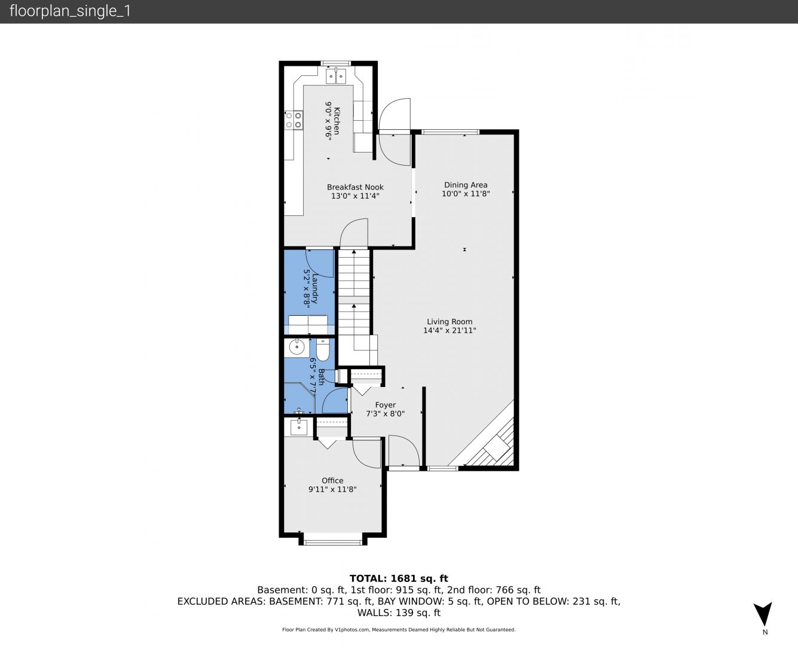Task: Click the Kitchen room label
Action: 337,121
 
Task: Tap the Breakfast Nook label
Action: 355,187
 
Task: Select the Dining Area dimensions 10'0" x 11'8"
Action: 466,193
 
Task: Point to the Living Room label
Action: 450,321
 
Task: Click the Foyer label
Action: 386,405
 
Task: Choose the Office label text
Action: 332,480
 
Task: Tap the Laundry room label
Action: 315,289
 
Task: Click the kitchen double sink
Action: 336,76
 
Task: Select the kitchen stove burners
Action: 293,120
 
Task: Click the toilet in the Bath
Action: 322,349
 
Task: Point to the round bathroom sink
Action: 296,348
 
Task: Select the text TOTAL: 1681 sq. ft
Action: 399,578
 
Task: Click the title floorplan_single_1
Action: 70,11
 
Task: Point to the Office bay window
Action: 333,542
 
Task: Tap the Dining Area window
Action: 450,132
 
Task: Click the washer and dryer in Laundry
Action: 308,325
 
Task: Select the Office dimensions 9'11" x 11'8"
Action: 332,489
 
